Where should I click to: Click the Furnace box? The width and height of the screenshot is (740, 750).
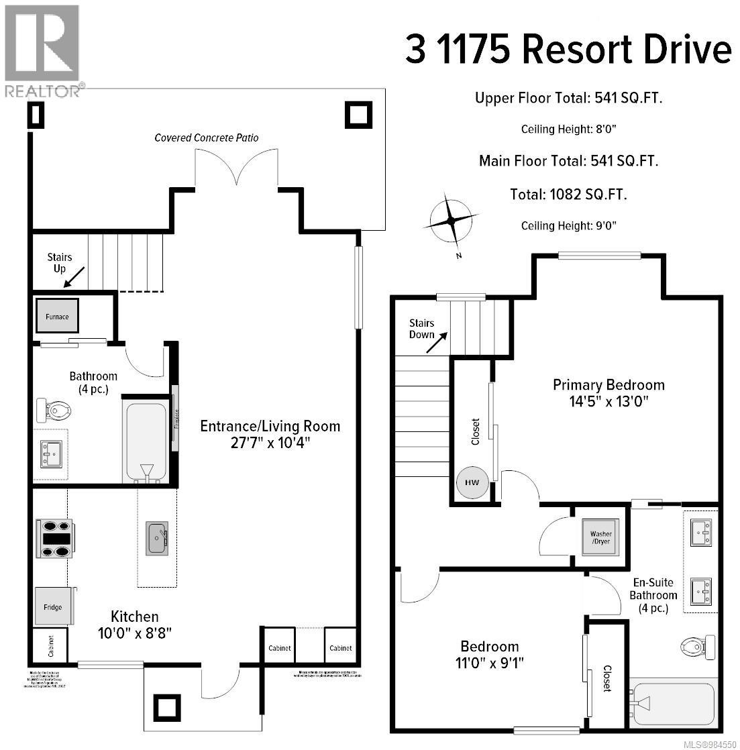pos(57,317)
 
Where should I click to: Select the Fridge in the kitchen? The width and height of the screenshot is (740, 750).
pos(53,606)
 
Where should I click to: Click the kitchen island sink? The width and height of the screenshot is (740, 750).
pos(157,538)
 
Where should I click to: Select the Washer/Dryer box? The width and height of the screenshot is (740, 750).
pos(601,537)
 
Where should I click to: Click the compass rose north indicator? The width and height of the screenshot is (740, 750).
pos(451,221)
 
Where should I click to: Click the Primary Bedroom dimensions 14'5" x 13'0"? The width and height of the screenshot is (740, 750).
pos(609,402)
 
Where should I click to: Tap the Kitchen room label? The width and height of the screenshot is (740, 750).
pos(135,617)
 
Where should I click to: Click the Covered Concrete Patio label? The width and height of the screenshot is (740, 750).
pos(207,138)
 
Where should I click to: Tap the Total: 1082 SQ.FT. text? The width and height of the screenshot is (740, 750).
pos(568,195)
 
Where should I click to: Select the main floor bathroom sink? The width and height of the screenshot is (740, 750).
pos(51,453)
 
